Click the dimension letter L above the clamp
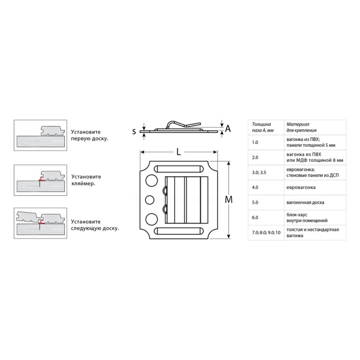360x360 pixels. [x=178, y=152]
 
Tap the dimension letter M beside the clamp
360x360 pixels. [x=228, y=200]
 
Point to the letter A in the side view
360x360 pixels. [x=227, y=129]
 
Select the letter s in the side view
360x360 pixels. [x=134, y=132]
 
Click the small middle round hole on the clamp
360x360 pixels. [x=150, y=200]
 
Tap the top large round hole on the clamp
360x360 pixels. [x=151, y=180]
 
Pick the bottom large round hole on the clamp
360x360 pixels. [x=151, y=219]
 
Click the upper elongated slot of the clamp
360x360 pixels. [x=178, y=169]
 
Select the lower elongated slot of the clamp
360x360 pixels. [x=178, y=231]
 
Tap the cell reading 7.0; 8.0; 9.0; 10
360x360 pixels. [x=266, y=232]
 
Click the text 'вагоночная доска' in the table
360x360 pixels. [x=305, y=203]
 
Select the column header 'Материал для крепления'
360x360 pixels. [x=301, y=127]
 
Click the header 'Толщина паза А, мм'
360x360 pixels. [x=263, y=127]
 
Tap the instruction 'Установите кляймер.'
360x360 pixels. [x=86, y=180]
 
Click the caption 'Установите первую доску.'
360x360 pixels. [x=89, y=135]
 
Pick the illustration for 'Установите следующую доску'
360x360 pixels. [x=41, y=223]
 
